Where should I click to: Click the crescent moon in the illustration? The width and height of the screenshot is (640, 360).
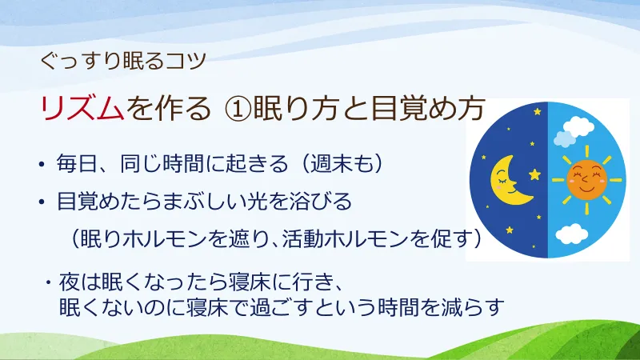coord(505,178)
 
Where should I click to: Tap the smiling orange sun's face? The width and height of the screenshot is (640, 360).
coord(587,177)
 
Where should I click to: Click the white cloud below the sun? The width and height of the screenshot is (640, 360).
coord(572,234)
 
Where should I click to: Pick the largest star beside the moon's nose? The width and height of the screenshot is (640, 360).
coord(534,174)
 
